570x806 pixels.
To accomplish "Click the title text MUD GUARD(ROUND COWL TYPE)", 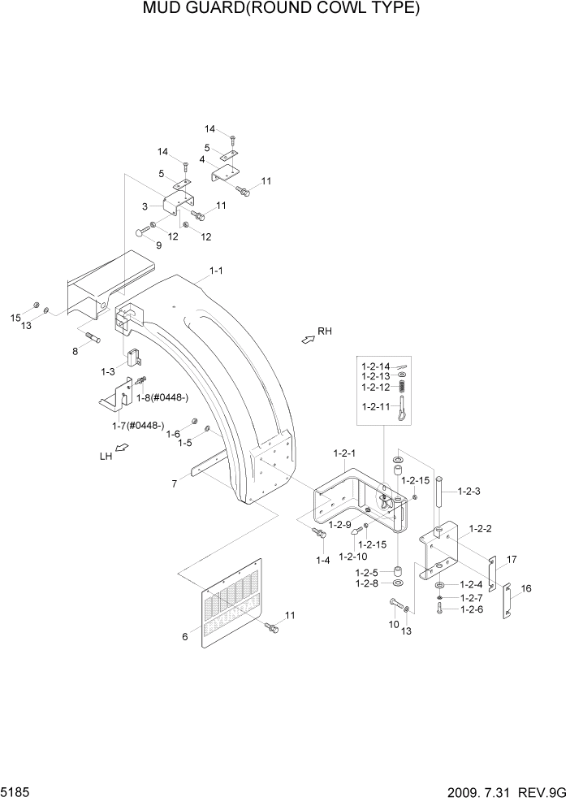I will click(281, 10).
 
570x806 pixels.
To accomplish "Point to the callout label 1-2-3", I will click(470, 491).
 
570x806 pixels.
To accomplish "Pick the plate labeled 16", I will click(505, 601).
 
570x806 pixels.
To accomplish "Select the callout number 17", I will click(512, 559).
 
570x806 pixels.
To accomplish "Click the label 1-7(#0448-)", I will click(138, 425).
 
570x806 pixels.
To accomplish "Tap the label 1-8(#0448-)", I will click(162, 396).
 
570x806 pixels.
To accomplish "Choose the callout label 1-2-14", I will click(375, 367).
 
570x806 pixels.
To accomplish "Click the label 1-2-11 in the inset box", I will click(375, 405).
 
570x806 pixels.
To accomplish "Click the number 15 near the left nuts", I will click(15, 316).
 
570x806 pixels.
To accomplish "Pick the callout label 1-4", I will click(323, 560).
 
